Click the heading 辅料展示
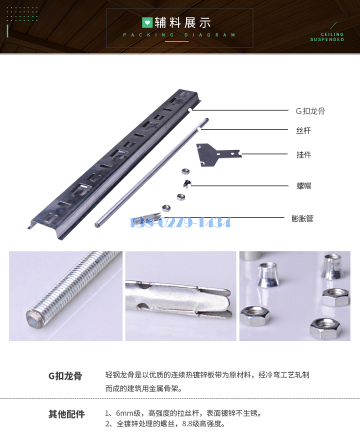click(x=183, y=22)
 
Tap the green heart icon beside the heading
click(x=147, y=22)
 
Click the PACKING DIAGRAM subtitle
click(x=179, y=35)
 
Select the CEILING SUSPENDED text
click(x=327, y=37)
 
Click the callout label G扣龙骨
click(x=310, y=111)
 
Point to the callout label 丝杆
click(x=303, y=130)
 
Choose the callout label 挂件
click(x=303, y=154)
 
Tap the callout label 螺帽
click(x=303, y=186)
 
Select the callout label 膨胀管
click(x=302, y=218)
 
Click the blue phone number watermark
click(x=180, y=222)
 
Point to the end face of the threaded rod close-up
click(x=34, y=318)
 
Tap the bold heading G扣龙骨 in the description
click(x=65, y=376)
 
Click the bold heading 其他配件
click(x=66, y=414)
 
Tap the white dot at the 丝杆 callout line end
click(x=199, y=129)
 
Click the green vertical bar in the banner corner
click(x=7, y=31)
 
